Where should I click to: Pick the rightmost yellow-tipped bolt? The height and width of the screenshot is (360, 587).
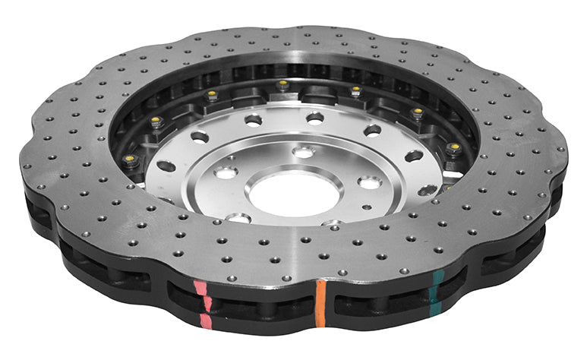(455, 146)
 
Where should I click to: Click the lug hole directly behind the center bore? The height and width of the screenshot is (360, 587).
(303, 153)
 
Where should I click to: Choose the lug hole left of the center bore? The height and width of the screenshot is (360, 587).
(226, 172)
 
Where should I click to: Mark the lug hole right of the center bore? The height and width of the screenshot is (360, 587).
(370, 182)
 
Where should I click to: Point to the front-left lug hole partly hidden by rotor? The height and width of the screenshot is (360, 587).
(238, 218)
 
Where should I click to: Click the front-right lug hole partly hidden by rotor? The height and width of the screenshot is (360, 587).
(331, 223)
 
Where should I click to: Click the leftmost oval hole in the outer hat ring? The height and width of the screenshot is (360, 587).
(166, 166)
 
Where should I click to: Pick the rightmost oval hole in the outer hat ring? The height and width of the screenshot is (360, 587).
(428, 190)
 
